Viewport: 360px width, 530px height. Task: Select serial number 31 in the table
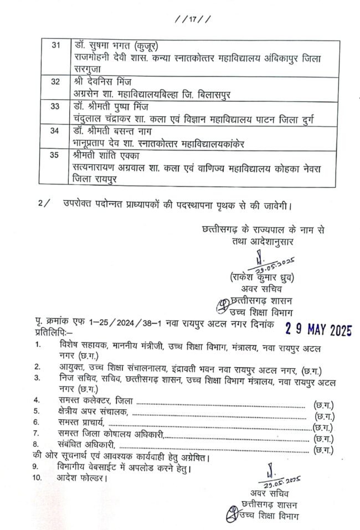[x=55, y=45]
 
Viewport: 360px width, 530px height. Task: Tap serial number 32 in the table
[x=55, y=81]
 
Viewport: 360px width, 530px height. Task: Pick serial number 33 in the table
[x=55, y=106]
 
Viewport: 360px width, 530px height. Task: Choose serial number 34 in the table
[x=55, y=131]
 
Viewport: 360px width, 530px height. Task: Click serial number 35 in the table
[x=55, y=155]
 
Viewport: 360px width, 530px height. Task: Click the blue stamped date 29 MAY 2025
[x=318, y=329]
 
